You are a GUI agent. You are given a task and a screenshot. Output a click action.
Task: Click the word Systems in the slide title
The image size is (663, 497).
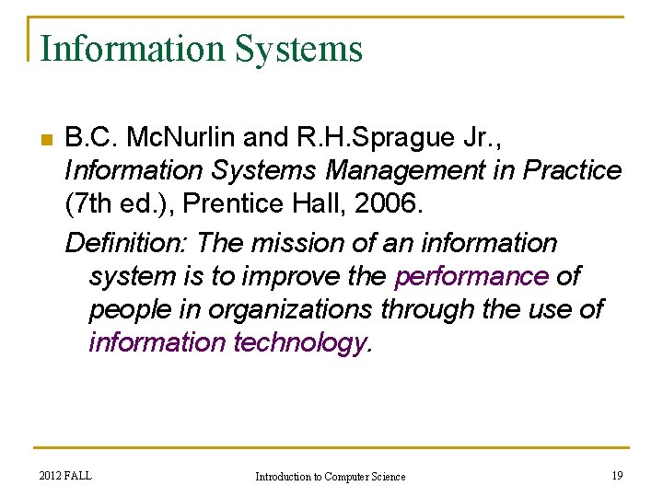pyautogui.click(x=299, y=49)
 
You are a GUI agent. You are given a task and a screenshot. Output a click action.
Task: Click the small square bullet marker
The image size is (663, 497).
pyautogui.click(x=43, y=140)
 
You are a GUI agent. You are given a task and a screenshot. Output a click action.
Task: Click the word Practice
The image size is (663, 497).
pyautogui.click(x=573, y=171)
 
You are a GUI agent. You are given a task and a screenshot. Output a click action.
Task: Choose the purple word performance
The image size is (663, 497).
pyautogui.click(x=471, y=276)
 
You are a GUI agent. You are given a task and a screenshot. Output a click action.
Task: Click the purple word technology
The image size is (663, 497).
pyautogui.click(x=302, y=342)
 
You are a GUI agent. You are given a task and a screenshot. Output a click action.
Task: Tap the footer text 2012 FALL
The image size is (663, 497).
pyautogui.click(x=65, y=475)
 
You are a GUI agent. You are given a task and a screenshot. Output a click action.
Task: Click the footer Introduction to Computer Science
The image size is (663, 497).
pyautogui.click(x=330, y=476)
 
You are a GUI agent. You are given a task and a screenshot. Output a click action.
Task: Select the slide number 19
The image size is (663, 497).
pyautogui.click(x=617, y=475)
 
